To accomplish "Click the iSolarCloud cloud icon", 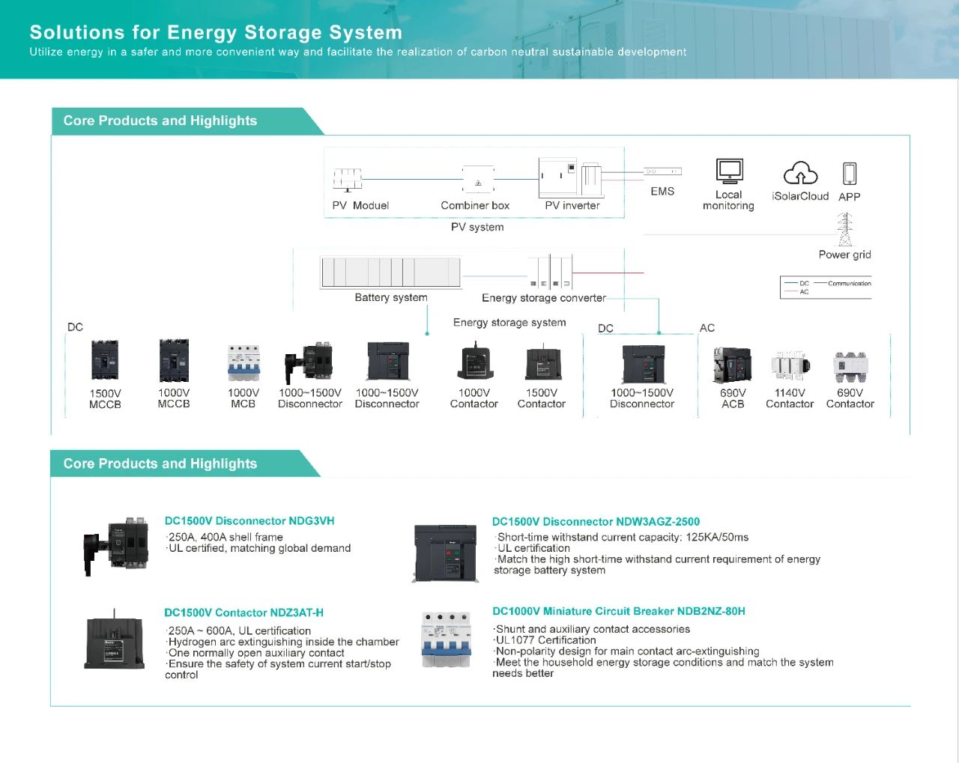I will coord(800,174).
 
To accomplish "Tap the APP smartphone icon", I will coord(849,174).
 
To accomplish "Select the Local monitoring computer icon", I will coord(729,171).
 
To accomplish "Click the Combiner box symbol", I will coord(478,180).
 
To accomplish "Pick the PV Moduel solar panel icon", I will coord(347,180).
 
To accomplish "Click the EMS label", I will coord(662,192).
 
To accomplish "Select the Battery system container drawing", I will coord(390,273).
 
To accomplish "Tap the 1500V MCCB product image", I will coord(105,361).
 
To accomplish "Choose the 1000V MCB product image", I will coord(243,363).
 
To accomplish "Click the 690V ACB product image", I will coord(732,365).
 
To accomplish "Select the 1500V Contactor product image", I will coord(541,363).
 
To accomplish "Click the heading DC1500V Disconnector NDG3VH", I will coord(249,521).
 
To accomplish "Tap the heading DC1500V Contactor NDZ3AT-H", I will coord(243,612).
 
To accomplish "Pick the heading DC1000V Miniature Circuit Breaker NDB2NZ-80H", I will coord(618,612).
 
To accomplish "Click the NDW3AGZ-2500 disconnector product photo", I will coord(445,553).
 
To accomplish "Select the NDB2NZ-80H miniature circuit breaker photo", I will coord(447,640).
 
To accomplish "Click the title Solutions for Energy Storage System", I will coord(216,32).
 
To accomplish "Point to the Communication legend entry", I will coord(849,284).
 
